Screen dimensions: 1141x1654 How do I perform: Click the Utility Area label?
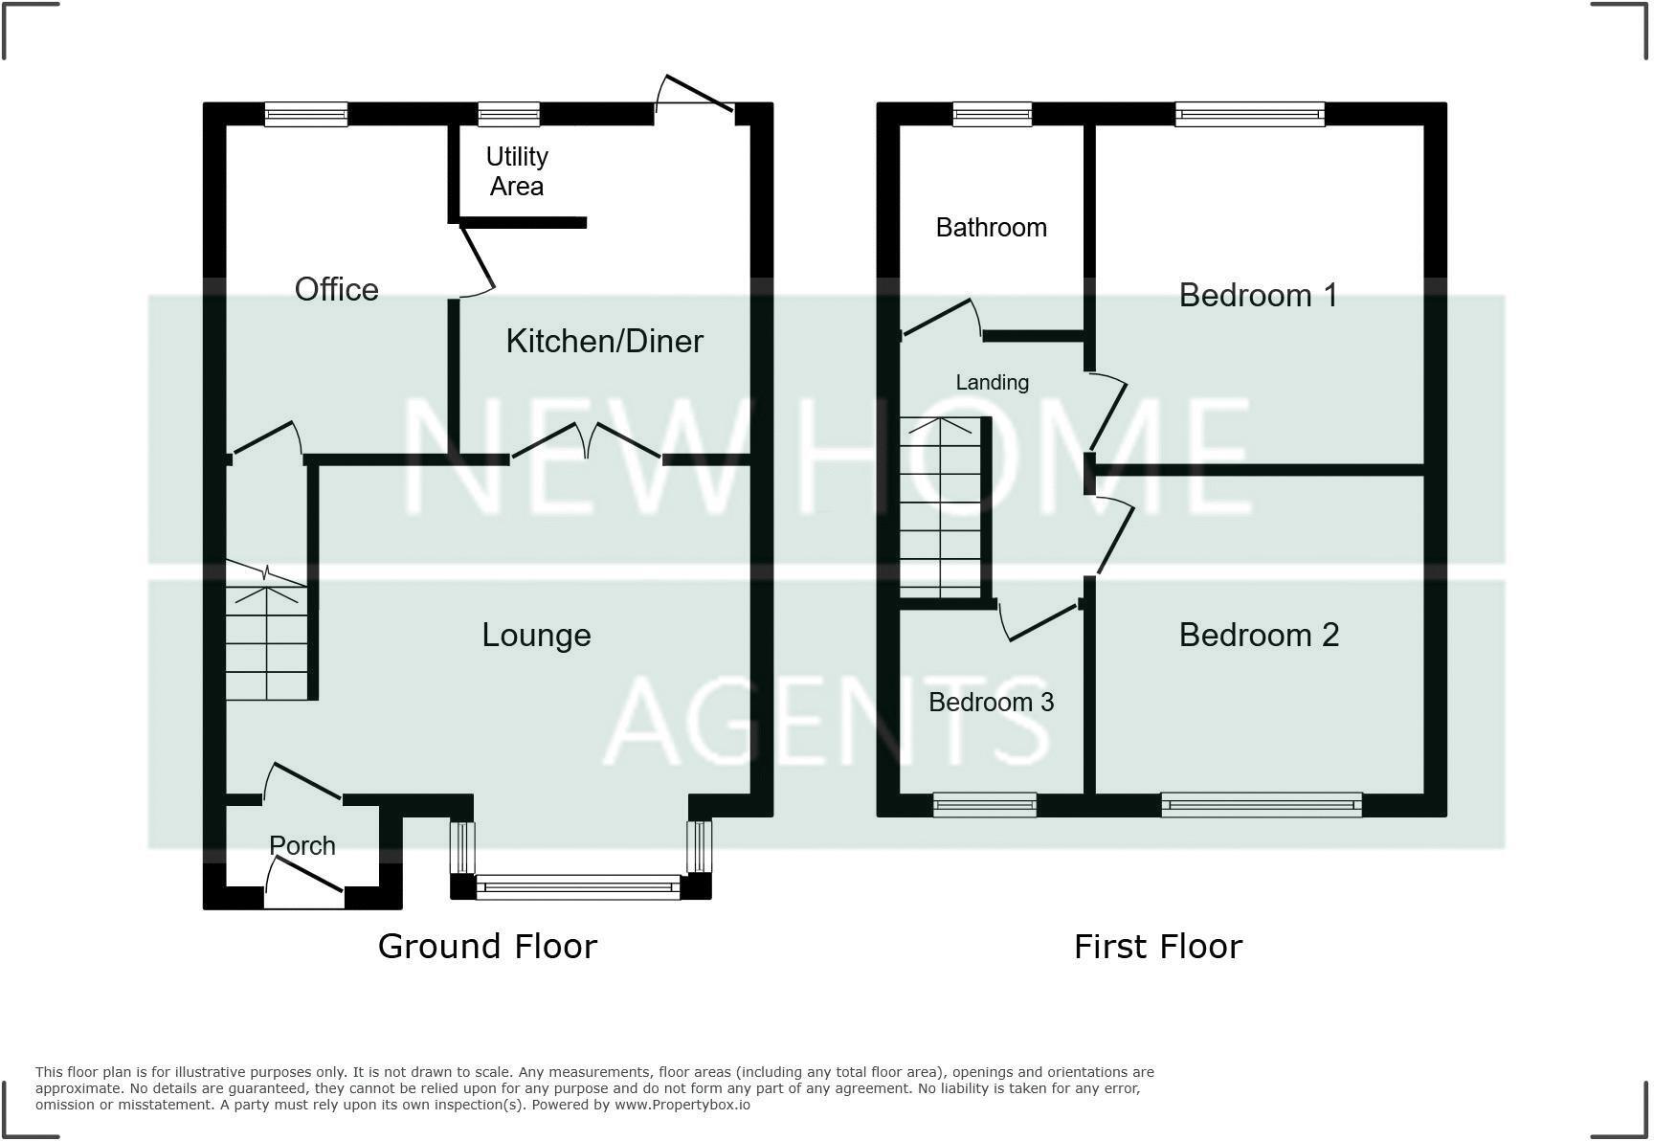click(x=517, y=171)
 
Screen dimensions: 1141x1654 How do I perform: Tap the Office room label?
click(x=336, y=289)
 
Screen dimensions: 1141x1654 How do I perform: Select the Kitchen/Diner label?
click(x=604, y=341)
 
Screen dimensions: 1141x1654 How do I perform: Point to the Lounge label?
click(x=536, y=635)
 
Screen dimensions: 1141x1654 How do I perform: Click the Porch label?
click(x=302, y=845)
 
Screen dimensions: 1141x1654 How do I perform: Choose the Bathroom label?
click(x=991, y=227)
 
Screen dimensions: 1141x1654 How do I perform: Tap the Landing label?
click(x=992, y=382)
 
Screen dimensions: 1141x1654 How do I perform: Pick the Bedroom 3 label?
click(x=991, y=702)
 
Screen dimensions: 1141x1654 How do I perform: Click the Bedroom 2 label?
click(x=1259, y=635)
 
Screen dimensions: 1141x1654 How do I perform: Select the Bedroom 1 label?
click(x=1258, y=295)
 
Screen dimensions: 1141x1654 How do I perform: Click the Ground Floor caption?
click(x=487, y=946)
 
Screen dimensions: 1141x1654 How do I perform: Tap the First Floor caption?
click(x=1157, y=947)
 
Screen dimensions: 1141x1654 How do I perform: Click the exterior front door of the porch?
click(x=304, y=881)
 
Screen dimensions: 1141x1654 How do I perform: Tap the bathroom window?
click(x=993, y=115)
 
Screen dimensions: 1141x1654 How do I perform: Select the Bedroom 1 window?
click(x=1249, y=115)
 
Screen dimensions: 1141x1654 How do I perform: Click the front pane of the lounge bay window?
click(x=578, y=887)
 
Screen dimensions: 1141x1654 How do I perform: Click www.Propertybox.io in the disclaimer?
click(x=682, y=1105)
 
